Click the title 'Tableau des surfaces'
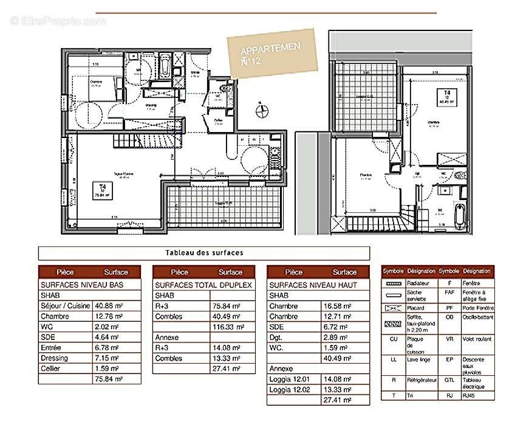click(x=204, y=253)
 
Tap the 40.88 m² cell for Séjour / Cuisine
click(x=104, y=306)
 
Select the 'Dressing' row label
click(x=55, y=358)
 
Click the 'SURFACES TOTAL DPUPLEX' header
click(x=203, y=285)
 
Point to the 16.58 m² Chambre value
click(x=335, y=306)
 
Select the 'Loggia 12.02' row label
click(x=289, y=389)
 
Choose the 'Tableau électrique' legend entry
click(x=473, y=383)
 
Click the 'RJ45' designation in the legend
click(x=469, y=395)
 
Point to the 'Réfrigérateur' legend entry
click(x=421, y=380)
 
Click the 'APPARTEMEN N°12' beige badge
click(x=272, y=54)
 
